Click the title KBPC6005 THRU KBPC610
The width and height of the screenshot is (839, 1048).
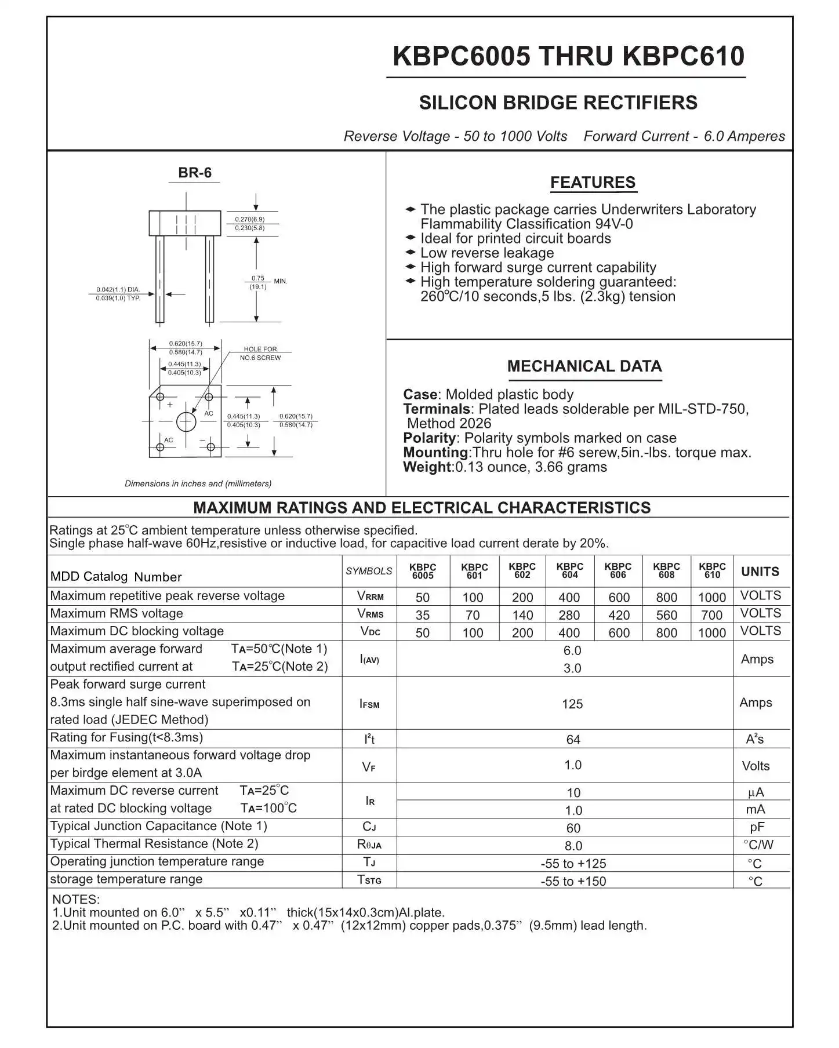[568, 56]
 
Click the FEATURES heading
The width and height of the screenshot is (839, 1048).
[593, 183]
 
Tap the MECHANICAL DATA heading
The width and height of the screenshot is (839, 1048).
[584, 366]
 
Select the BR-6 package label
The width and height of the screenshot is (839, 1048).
[195, 173]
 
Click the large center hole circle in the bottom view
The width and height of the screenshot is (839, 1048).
[186, 421]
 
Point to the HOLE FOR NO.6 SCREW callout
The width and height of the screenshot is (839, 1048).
[260, 354]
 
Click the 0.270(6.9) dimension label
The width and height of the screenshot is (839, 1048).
[250, 219]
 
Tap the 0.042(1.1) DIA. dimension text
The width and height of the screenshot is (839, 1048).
[118, 289]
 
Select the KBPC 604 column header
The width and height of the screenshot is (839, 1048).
[569, 571]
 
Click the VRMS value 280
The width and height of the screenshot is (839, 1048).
[569, 615]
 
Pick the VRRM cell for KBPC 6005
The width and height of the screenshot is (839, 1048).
[423, 598]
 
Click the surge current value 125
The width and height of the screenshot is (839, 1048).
[572, 704]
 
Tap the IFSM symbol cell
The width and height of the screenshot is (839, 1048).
[369, 704]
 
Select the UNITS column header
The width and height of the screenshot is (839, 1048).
[760, 572]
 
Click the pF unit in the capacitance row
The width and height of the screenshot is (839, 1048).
[757, 827]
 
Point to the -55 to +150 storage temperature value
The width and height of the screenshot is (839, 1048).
[573, 882]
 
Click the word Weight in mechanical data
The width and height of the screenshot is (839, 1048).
[427, 467]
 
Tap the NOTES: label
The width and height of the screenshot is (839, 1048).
[76, 900]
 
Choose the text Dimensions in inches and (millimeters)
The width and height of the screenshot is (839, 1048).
[198, 483]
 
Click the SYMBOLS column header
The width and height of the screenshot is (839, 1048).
[369, 572]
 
